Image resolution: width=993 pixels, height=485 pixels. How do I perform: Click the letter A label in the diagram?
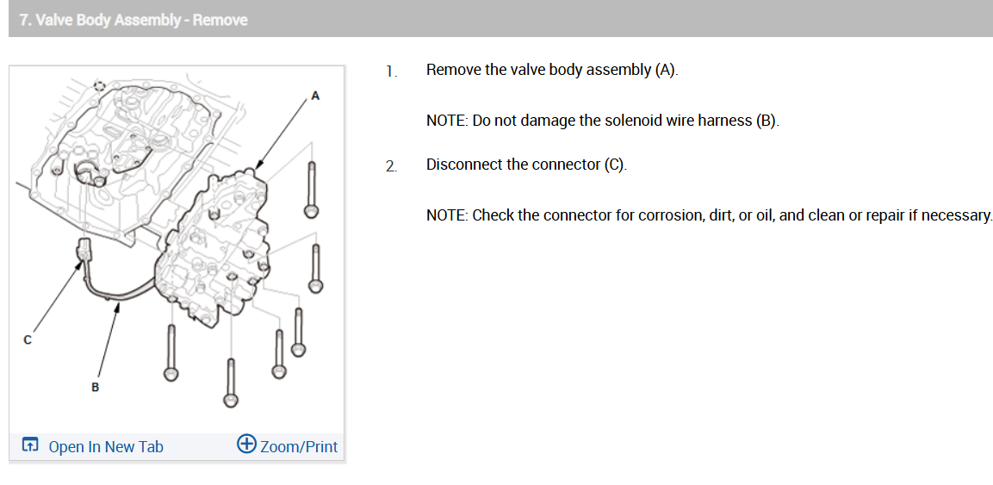point(315,96)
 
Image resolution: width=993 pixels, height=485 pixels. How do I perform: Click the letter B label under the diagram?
point(95,388)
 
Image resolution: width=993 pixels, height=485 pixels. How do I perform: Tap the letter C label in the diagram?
point(28,340)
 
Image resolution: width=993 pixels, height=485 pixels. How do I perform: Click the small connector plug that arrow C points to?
point(84,251)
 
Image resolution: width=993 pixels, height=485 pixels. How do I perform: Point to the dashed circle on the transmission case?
point(100,87)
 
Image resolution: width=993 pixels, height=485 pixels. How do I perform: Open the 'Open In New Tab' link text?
point(106,446)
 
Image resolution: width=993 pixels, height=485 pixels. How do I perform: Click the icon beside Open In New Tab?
point(30,446)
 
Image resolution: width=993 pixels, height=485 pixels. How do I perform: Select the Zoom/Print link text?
point(299,446)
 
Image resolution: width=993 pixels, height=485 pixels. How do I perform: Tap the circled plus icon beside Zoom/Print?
point(246,445)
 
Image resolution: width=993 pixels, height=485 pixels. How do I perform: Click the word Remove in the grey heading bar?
point(220,20)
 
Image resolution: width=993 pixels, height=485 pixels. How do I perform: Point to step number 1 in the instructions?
point(392,72)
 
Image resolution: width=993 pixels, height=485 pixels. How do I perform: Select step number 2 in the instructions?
point(392,166)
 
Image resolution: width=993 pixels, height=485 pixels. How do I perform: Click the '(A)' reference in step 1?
point(665,70)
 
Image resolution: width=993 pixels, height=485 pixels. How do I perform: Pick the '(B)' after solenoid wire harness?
point(766,121)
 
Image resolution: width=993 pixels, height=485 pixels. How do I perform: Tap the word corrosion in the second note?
point(669,215)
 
